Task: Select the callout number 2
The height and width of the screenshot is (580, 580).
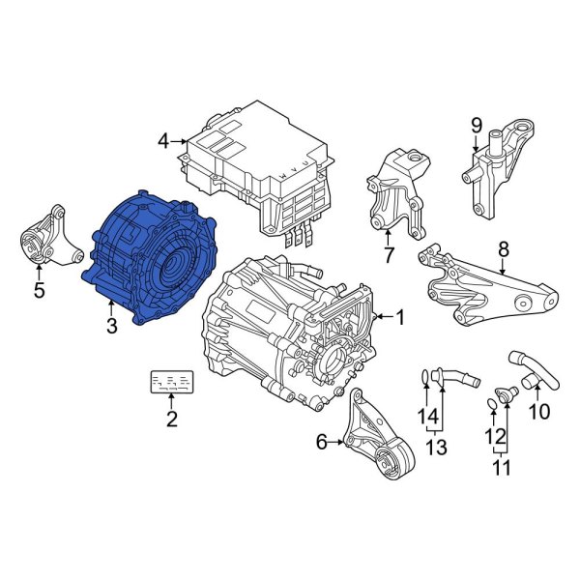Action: pos(171,419)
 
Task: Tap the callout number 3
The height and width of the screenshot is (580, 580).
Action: pos(111,327)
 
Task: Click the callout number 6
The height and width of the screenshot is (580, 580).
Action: pos(322,442)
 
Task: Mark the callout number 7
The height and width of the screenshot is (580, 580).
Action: pos(389,256)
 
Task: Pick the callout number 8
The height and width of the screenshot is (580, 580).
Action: pos(502,249)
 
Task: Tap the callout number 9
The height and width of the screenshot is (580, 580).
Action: pos(476,125)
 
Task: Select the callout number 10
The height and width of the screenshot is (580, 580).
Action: pos(538,411)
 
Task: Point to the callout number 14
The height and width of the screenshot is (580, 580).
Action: pos(421,417)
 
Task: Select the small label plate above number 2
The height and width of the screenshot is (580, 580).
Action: pos(171,383)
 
